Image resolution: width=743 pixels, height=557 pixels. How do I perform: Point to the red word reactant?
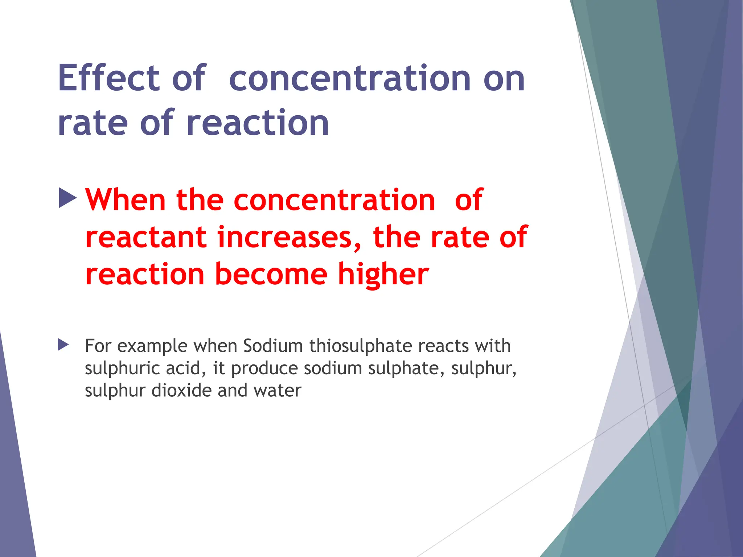[146, 238]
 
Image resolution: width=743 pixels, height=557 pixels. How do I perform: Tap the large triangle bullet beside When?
[68, 198]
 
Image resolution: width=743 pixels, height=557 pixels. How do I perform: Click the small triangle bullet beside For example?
[63, 345]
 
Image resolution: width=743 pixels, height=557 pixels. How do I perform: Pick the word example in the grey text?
[152, 346]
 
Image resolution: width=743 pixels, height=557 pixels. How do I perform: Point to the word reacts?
[443, 346]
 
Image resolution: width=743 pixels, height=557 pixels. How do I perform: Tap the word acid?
[186, 368]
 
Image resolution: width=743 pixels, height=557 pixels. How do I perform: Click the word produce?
[264, 369]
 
